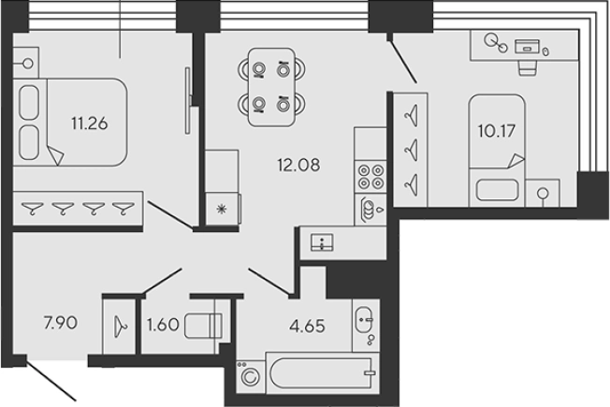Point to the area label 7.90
pyautogui.click(x=59, y=325)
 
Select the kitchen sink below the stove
pyautogui.click(x=370, y=209)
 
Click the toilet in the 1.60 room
pyautogui.click(x=203, y=325)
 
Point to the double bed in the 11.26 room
pyautogui.click(x=70, y=122)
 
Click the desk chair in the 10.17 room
pyautogui.click(x=527, y=66)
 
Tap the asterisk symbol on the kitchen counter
pyautogui.click(x=222, y=210)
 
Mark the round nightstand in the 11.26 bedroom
pyautogui.click(x=27, y=65)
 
